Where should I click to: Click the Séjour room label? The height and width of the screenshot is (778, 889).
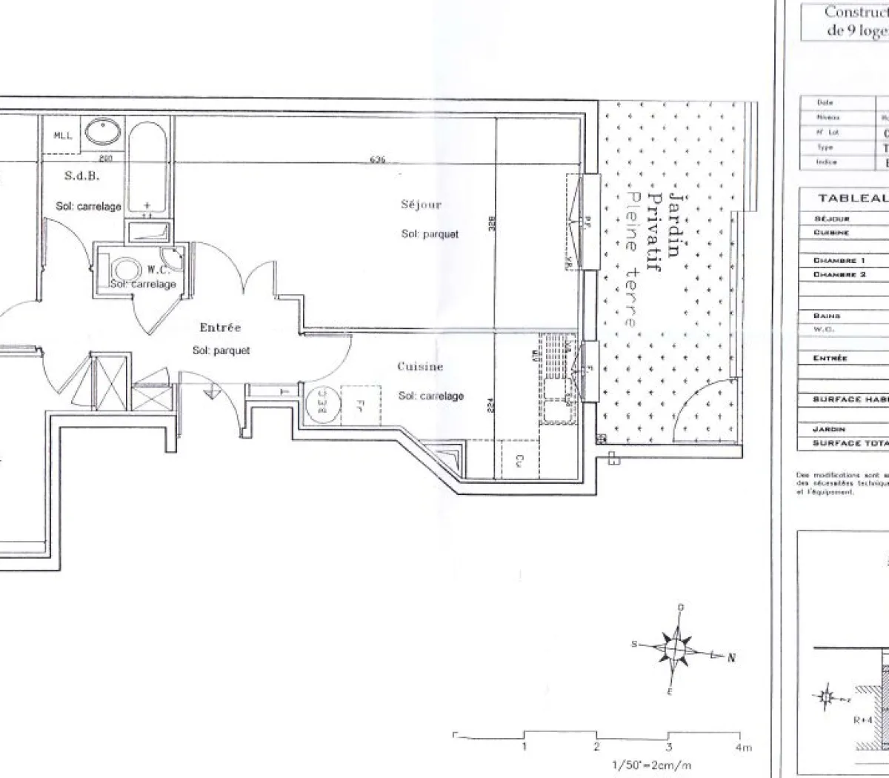[x=420, y=205]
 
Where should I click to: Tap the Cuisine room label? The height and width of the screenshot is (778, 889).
[x=419, y=367]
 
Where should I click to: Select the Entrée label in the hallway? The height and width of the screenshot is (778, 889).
[x=220, y=328]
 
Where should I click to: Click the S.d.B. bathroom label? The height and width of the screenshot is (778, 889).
[x=81, y=176]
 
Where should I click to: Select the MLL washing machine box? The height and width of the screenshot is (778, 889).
[x=62, y=136]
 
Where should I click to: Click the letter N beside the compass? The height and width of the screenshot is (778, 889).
[x=730, y=657]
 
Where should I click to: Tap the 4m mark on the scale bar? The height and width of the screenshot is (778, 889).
[x=743, y=747]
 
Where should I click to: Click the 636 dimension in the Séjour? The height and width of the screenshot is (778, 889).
[x=379, y=160]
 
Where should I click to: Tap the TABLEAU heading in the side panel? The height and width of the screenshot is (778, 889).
[x=852, y=199]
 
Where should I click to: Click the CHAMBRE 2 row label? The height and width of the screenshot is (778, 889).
[x=839, y=274]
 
